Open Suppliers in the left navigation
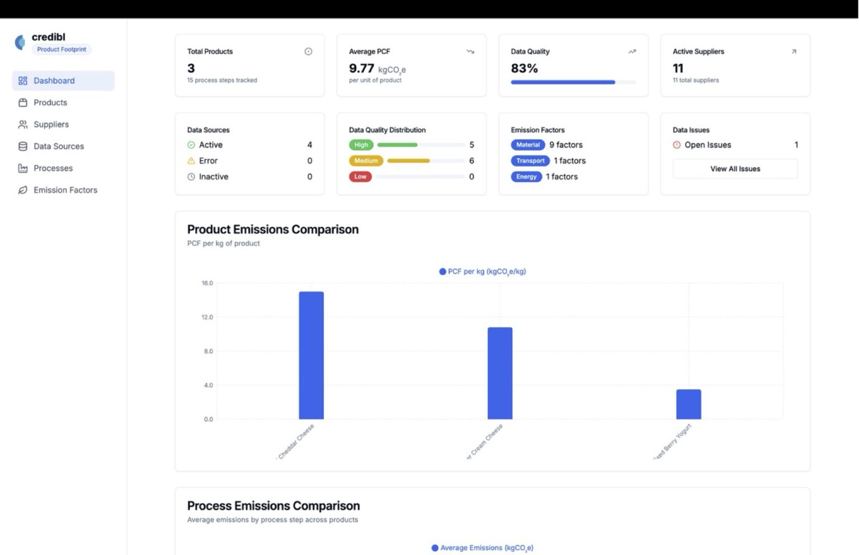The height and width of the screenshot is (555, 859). tap(51, 124)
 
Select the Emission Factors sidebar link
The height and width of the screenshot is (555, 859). tap(65, 190)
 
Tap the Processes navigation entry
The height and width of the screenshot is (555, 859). tap(53, 168)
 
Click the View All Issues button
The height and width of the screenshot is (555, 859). tap(735, 169)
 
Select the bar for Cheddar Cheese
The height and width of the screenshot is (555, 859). tap(311, 355)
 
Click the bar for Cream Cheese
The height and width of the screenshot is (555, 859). tap(499, 373)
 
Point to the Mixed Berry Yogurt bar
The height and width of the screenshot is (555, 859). tap(688, 404)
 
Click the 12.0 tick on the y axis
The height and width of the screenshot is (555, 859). tap(207, 317)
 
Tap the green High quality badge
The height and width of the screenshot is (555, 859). tap(361, 145)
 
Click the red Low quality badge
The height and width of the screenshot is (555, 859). tap(360, 177)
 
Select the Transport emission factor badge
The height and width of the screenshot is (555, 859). tap(530, 161)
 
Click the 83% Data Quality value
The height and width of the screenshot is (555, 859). tap(524, 68)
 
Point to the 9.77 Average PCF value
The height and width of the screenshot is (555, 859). tap(361, 68)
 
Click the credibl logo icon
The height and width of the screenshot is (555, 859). tap(20, 43)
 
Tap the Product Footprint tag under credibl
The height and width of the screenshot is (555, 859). tap(62, 49)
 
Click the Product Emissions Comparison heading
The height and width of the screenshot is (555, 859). tap(273, 229)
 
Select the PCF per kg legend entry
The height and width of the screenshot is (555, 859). tap(483, 271)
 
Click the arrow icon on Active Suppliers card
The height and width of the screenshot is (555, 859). tap(794, 51)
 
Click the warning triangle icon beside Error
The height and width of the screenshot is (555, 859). tap(191, 161)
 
